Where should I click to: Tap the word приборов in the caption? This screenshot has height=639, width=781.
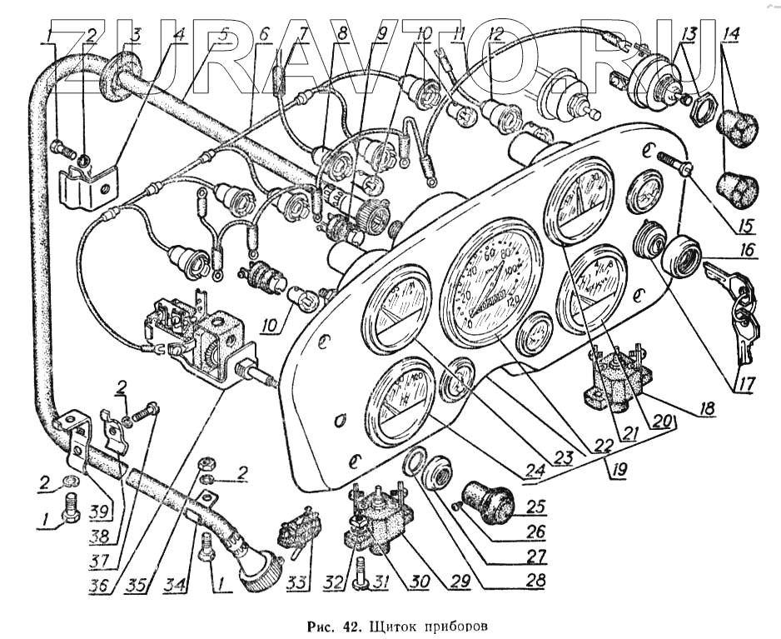(x=454, y=624)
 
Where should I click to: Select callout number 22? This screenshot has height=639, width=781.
(x=598, y=444)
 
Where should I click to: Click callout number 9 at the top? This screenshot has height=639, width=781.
(x=381, y=34)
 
